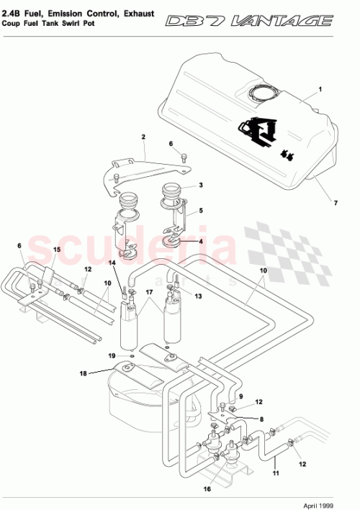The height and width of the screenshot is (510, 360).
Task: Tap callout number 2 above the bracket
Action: pyautogui.click(x=143, y=137)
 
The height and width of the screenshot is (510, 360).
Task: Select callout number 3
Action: pyautogui.click(x=201, y=185)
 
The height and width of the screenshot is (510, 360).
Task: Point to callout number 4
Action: pyautogui.click(x=201, y=241)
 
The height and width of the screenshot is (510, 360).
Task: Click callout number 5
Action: pyautogui.click(x=201, y=211)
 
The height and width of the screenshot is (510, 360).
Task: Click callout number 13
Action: pyautogui.click(x=197, y=296)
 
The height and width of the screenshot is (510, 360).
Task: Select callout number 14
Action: pyautogui.click(x=112, y=263)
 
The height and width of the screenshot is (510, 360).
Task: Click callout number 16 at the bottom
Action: pyautogui.click(x=208, y=490)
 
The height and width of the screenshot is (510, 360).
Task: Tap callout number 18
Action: pyautogui.click(x=84, y=373)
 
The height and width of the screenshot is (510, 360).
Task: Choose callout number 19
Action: pyautogui.click(x=112, y=356)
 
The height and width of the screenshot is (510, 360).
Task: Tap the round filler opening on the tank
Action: pyautogui.click(x=262, y=93)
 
